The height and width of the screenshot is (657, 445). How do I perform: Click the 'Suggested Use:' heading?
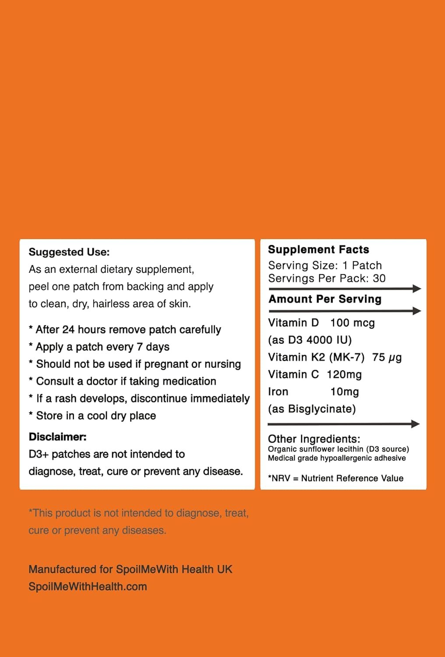pyautogui.click(x=69, y=252)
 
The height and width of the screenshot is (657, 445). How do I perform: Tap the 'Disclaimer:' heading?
pyautogui.click(x=57, y=437)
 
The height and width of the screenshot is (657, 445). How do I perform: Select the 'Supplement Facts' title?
pyautogui.click(x=318, y=250)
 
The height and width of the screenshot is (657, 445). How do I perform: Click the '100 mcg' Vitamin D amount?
pyautogui.click(x=352, y=323)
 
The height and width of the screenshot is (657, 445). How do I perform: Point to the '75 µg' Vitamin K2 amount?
pyautogui.click(x=387, y=357)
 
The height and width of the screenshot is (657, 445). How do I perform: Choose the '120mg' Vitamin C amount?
pyautogui.click(x=344, y=374)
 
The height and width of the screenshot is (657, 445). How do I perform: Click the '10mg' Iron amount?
pyautogui.click(x=344, y=392)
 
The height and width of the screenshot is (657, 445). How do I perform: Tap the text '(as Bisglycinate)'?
pyautogui.click(x=312, y=409)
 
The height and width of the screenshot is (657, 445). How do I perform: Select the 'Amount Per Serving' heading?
pyautogui.click(x=325, y=299)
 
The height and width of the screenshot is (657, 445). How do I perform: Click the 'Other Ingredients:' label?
pyautogui.click(x=314, y=439)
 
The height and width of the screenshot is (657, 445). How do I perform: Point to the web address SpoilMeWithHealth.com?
pyautogui.click(x=88, y=586)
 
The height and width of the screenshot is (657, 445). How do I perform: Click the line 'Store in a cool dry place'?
pyautogui.click(x=95, y=416)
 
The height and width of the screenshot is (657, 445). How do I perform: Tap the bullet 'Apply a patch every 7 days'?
pyautogui.click(x=102, y=347)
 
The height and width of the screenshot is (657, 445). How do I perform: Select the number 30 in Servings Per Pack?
pyautogui.click(x=379, y=279)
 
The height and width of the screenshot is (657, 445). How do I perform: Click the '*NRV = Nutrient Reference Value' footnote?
pyautogui.click(x=336, y=478)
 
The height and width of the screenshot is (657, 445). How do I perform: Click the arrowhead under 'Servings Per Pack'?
pyautogui.click(x=417, y=289)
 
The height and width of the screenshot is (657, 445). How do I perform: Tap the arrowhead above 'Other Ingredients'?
pyautogui.click(x=415, y=424)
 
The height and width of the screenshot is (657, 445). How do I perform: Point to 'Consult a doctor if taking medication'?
pyautogui.click(x=126, y=381)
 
